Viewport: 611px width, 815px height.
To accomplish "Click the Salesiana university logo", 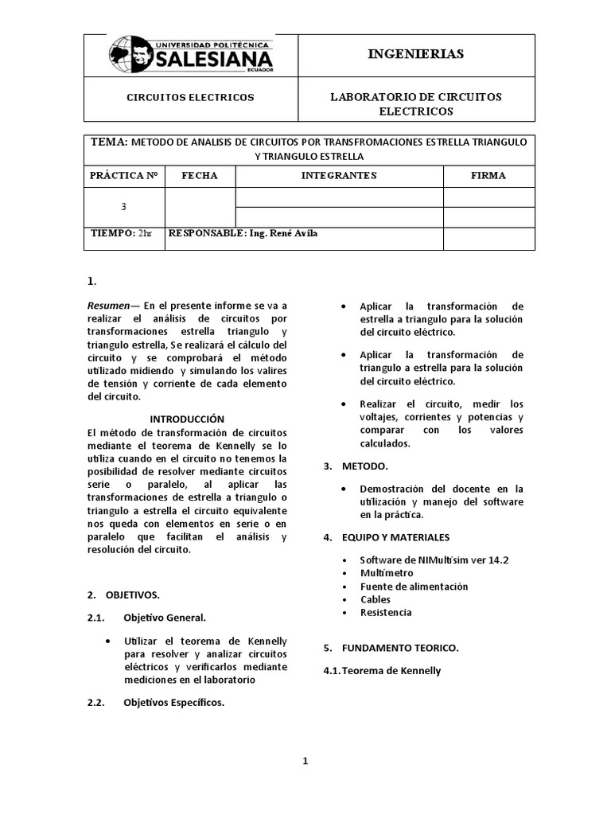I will click(x=191, y=55).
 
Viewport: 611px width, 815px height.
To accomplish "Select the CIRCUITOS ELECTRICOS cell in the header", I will click(x=191, y=97).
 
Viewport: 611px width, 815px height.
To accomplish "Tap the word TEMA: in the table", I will click(x=110, y=142).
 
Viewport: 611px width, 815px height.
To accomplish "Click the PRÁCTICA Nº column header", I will click(x=123, y=175).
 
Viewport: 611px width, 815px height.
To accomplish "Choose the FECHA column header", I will click(x=199, y=175).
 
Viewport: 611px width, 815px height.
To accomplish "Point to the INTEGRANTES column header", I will click(x=339, y=175).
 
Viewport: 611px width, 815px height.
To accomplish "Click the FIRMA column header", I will click(x=488, y=175).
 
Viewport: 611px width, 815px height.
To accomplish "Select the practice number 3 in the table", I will click(x=123, y=206).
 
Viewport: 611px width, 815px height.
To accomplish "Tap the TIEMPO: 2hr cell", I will click(x=122, y=233).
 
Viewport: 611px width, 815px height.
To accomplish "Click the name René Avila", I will click(x=299, y=233).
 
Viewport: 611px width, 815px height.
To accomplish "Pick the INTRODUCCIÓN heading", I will click(x=188, y=419).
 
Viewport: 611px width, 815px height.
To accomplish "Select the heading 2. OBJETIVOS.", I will click(x=123, y=595).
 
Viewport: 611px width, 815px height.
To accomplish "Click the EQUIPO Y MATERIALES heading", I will click(x=395, y=537).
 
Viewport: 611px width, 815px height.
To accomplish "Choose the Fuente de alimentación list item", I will click(x=414, y=587).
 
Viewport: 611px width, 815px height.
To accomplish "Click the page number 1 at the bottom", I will click(x=305, y=761).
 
